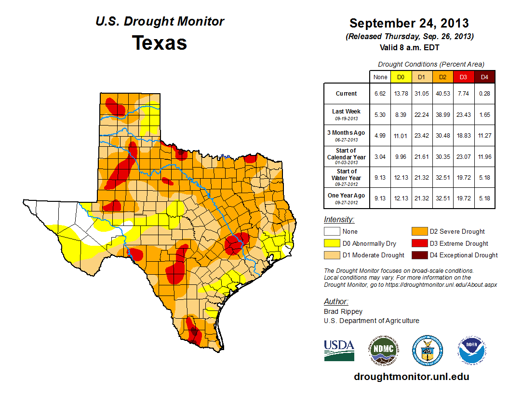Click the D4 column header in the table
484,77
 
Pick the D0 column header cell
400,77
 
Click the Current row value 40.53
442,93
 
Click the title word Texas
160,43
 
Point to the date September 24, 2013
409,23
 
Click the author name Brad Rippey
343,311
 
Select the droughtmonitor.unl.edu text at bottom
411,377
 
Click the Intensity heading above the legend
339,220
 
